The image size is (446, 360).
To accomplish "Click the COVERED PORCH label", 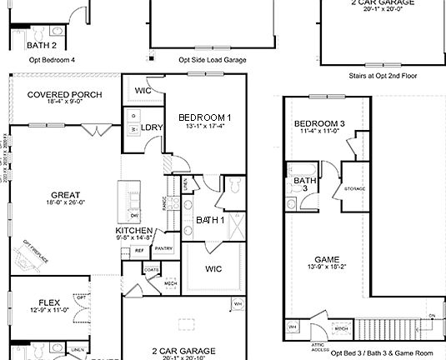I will click(x=64, y=95).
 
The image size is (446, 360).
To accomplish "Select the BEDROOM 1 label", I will click(x=205, y=117).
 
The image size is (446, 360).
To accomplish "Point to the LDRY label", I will click(x=153, y=127).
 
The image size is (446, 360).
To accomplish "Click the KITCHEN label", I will click(x=133, y=230).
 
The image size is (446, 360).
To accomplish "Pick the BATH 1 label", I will click(x=210, y=220).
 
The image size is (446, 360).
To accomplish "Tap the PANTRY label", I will click(x=163, y=248).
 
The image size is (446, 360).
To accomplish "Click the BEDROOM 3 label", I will click(x=318, y=125).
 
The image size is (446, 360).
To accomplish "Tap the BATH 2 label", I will click(x=42, y=46).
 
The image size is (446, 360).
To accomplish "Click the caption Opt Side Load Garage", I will click(x=213, y=60).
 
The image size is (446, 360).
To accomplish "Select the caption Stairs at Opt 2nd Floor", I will click(x=383, y=76).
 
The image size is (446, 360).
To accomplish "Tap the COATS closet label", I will click(x=151, y=270).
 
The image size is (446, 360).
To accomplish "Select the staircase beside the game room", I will click(x=400, y=327).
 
